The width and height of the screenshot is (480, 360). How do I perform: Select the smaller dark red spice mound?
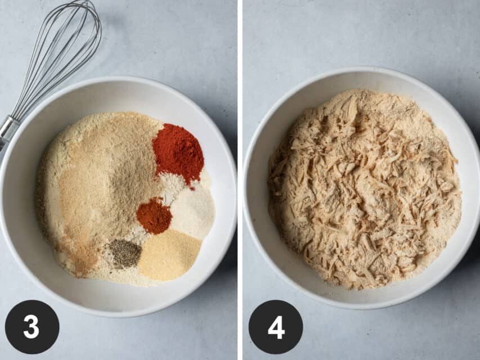point(154,215)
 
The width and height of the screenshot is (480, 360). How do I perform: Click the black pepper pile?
point(125,254)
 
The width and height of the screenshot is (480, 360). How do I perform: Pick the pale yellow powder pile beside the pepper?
point(169,255)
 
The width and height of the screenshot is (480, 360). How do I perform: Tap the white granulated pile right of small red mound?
point(194,211)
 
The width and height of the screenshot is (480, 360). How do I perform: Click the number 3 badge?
point(32,327)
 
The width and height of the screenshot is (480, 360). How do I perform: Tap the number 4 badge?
point(276,327)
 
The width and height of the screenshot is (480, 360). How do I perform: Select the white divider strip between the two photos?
point(240,180)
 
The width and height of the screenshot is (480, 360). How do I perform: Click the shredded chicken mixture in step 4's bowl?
point(365,190)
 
